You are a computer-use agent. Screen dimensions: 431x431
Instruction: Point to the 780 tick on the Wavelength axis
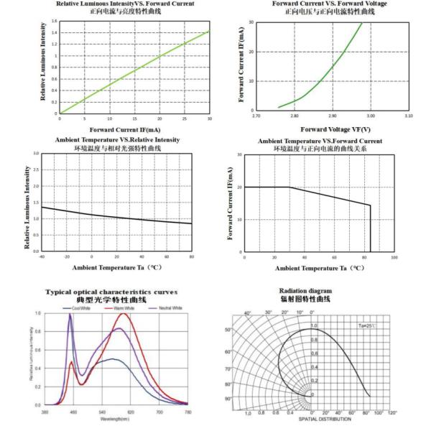pos(188,412)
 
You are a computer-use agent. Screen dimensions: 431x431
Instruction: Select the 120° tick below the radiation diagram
pos(391,413)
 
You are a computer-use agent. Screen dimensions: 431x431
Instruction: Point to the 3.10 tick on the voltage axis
pos(409,115)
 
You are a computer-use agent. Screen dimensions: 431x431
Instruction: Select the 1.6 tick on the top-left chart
pos(55,22)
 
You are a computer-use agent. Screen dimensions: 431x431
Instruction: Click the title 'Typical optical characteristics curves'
pos(112,292)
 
